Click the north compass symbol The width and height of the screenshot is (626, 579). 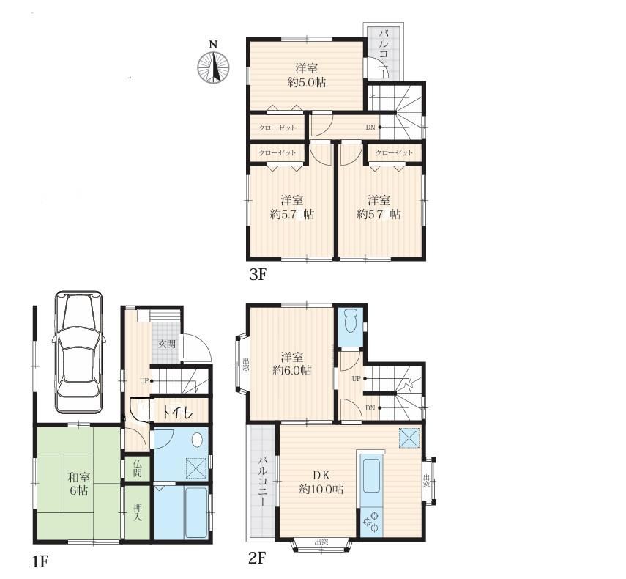coord(214,65)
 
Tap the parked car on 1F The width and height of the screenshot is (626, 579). coord(79,352)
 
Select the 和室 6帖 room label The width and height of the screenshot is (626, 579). coord(78,484)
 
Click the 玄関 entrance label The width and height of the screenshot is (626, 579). coord(167,344)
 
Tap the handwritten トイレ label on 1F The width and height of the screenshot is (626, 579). coord(178,412)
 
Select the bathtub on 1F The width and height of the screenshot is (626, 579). coord(195,513)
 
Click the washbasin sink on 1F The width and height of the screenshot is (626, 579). coord(198,440)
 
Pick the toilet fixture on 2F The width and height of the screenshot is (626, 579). coord(351,321)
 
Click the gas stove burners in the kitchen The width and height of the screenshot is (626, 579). coord(371,521)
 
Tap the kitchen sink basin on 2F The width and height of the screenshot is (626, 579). coord(372,476)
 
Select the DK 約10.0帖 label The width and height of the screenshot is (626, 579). coord(321,482)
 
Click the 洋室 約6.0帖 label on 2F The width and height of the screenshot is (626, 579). coord(292,364)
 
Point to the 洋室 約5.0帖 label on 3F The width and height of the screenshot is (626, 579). coord(307,75)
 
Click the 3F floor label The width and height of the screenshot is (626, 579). coord(257,276)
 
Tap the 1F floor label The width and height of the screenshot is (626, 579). coord(40,562)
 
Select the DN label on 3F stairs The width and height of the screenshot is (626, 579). coord(370,128)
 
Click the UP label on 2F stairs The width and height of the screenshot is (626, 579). coord(356,378)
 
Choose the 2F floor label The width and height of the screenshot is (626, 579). coord(257,558)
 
